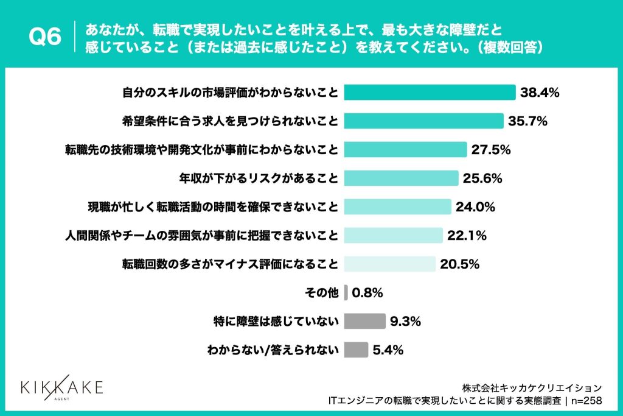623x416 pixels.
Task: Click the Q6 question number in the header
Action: click(45, 37)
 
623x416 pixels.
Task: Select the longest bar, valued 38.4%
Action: click(430, 92)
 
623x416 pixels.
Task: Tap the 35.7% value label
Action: click(527, 121)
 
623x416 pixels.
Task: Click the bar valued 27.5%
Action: click(405, 150)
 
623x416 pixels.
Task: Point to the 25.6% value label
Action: click(482, 178)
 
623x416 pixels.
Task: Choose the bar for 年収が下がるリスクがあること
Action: click(402, 178)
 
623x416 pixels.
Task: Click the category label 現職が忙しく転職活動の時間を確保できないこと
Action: click(213, 207)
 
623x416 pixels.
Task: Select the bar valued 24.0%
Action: click(398, 207)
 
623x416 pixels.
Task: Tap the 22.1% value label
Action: click(467, 236)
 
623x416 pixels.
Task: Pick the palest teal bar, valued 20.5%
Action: click(390, 264)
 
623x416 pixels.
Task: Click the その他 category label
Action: click(321, 293)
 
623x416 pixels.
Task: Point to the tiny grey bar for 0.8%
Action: click(346, 293)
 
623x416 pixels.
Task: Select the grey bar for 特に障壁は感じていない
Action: click(365, 322)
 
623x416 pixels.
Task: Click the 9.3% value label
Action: click(405, 322)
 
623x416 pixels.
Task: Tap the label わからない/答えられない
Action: click(273, 350)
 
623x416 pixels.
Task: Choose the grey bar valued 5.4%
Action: click(356, 350)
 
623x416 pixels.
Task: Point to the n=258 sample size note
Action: click(586, 401)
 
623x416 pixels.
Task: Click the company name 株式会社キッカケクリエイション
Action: click(532, 388)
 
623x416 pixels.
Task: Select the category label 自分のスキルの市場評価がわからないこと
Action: click(230, 92)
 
